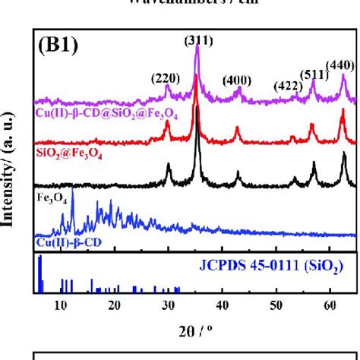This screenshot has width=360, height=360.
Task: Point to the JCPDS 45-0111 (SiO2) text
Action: point(284,267)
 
